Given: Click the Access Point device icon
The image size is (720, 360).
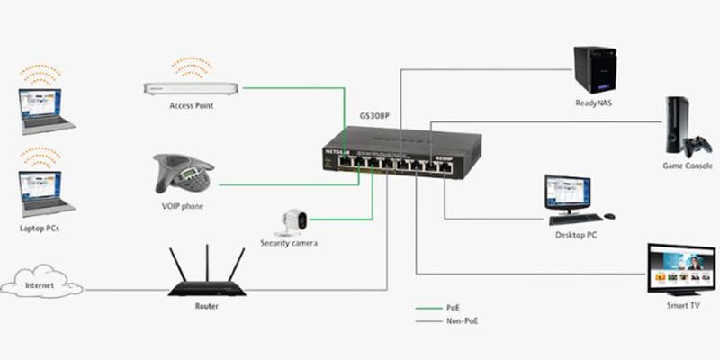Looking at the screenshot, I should [190, 87].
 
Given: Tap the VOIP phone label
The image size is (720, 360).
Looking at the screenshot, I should [183, 206].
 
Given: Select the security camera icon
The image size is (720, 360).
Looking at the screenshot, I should [292, 221].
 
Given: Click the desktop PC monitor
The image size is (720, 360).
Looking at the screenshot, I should [568, 193].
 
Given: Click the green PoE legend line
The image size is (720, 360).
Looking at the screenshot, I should [428, 307].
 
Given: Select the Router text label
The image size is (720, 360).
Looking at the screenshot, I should [206, 306].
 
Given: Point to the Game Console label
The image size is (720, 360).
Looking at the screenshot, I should [681, 167].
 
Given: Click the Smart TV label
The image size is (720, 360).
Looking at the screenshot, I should [681, 306].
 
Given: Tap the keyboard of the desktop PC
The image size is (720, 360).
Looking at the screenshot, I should [575, 219].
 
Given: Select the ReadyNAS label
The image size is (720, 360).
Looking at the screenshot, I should [595, 103].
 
